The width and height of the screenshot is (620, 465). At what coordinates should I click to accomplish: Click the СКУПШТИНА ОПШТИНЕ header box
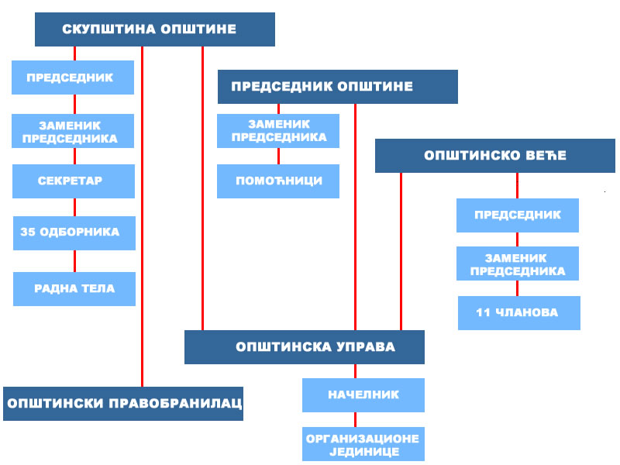tap(155, 29)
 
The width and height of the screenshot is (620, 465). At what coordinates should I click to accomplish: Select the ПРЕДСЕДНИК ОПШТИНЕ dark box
tap(338, 87)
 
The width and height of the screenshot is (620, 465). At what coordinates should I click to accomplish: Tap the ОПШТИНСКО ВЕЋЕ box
tap(495, 156)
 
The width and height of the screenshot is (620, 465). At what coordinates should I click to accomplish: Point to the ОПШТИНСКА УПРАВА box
tap(305, 347)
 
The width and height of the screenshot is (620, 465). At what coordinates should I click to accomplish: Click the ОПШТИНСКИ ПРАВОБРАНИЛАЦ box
tap(123, 404)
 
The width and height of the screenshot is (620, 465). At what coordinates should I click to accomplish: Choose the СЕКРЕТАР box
tap(74, 181)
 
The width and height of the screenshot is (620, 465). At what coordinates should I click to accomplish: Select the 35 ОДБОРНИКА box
tap(74, 233)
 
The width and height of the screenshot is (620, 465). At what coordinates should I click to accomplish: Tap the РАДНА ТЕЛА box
tap(74, 289)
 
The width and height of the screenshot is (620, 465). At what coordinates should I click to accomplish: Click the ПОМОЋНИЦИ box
tap(278, 181)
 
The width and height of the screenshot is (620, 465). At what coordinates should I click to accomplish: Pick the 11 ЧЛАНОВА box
tap(519, 313)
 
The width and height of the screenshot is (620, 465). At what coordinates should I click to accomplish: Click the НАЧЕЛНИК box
tap(363, 395)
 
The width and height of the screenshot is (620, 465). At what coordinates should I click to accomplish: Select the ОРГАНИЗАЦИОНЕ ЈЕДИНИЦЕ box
tap(363, 444)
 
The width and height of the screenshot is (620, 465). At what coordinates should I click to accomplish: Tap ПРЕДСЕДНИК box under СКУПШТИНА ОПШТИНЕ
tap(73, 77)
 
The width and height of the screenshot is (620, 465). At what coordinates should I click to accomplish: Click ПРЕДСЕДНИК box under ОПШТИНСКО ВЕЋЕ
tap(518, 215)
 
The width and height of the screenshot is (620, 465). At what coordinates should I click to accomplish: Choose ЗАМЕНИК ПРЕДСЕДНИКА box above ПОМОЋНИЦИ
tap(278, 131)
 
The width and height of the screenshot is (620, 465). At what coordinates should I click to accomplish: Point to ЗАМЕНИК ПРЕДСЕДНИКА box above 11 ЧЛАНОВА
tap(518, 263)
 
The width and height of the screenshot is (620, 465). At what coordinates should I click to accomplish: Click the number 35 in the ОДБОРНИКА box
tap(28, 232)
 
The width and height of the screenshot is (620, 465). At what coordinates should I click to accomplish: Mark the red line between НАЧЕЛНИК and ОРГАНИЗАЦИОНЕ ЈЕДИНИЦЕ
tap(355, 419)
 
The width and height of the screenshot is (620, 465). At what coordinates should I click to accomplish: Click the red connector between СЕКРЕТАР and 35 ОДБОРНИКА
tap(74, 207)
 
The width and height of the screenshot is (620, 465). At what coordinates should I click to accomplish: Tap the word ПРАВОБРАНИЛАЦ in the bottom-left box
tap(175, 403)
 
